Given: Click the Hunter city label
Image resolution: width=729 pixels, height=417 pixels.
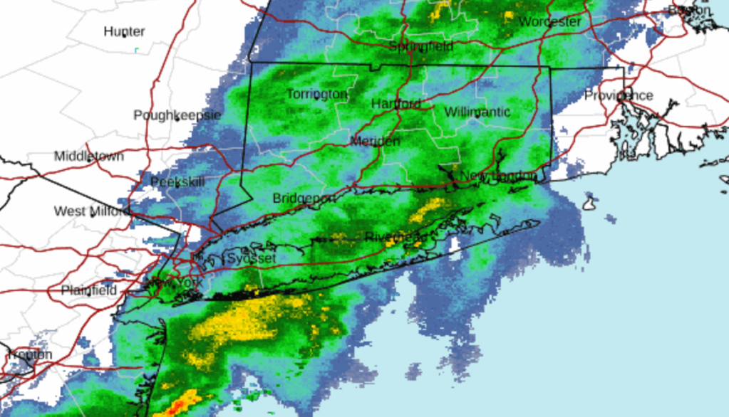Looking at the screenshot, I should [x=124, y=31].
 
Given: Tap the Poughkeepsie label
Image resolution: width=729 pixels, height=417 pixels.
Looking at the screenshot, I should [x=177, y=115].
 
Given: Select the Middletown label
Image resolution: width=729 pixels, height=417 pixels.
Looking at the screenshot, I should [x=89, y=156].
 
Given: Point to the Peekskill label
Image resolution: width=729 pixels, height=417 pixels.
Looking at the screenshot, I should [x=177, y=181].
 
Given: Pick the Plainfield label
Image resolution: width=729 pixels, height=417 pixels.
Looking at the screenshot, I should [x=88, y=290].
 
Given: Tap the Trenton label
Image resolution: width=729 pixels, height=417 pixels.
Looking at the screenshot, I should [x=30, y=354].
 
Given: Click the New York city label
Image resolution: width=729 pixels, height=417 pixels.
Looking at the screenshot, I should [x=173, y=283].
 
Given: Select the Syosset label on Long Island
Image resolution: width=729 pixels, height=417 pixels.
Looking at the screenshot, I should [x=250, y=258].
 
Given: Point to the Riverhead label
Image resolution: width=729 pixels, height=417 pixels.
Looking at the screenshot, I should [x=396, y=236].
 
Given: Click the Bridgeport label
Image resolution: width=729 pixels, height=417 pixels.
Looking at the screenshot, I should [x=304, y=198].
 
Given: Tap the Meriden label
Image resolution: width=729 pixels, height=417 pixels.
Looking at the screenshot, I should [x=375, y=141].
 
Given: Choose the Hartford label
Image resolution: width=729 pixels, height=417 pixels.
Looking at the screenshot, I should [x=396, y=104].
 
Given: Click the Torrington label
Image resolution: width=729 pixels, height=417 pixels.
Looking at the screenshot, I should [x=317, y=94].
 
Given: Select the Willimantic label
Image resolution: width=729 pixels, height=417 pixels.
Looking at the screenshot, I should [x=477, y=112].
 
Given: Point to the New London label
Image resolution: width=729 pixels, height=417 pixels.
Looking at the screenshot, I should [x=498, y=176].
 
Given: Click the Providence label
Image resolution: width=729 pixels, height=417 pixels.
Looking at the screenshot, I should [x=619, y=95].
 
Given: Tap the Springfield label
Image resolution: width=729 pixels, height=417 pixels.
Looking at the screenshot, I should [x=421, y=46].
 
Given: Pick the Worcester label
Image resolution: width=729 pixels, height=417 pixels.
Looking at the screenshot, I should [x=550, y=21].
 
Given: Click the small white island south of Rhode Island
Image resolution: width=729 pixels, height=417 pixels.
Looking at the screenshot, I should [x=589, y=204].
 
